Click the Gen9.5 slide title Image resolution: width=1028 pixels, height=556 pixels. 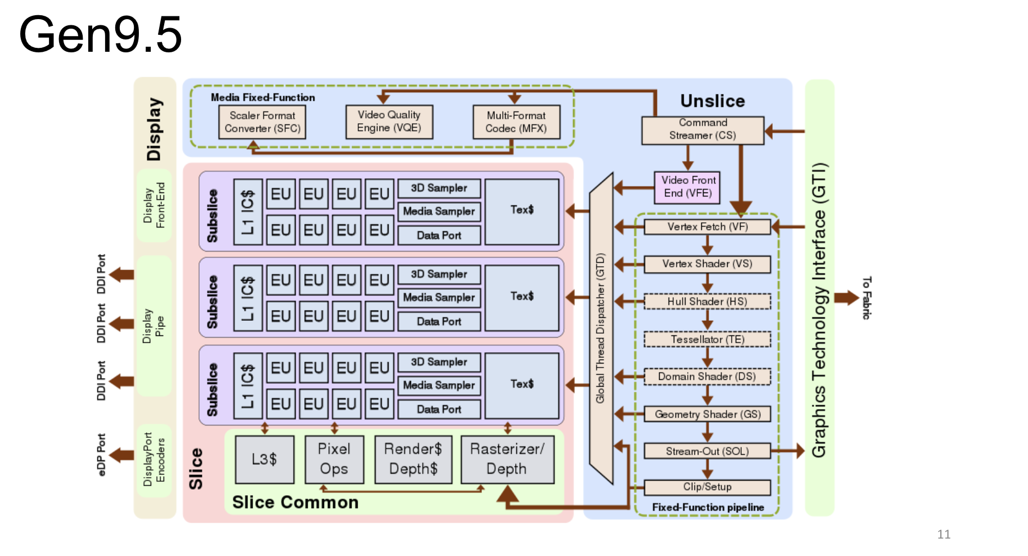(100, 35)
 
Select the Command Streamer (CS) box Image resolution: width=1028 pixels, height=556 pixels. (702, 130)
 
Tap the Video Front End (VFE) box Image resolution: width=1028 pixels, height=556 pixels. (688, 187)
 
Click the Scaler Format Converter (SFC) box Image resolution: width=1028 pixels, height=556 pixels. (262, 122)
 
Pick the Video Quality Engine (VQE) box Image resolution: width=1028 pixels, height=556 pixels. (389, 122)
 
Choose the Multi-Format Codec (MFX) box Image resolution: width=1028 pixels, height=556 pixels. (516, 122)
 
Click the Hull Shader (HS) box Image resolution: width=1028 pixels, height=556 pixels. (707, 302)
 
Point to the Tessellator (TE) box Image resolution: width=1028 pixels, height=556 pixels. (707, 339)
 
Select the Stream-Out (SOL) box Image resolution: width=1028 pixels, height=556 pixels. (707, 451)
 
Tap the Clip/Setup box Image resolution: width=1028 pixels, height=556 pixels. (707, 487)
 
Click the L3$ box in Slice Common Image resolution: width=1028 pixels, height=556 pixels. (264, 459)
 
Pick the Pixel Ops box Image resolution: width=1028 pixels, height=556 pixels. (334, 459)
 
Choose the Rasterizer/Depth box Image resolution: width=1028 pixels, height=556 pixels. (507, 459)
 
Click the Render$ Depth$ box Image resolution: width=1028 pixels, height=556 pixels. (413, 459)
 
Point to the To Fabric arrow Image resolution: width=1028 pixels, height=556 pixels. (846, 298)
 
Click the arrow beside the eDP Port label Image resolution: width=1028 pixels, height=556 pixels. (121, 454)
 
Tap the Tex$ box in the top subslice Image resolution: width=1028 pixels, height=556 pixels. (522, 211)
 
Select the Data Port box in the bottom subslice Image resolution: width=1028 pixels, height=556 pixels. (439, 409)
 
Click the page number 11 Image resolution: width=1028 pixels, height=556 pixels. (944, 534)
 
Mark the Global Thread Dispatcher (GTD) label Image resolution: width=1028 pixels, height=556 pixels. (600, 328)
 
